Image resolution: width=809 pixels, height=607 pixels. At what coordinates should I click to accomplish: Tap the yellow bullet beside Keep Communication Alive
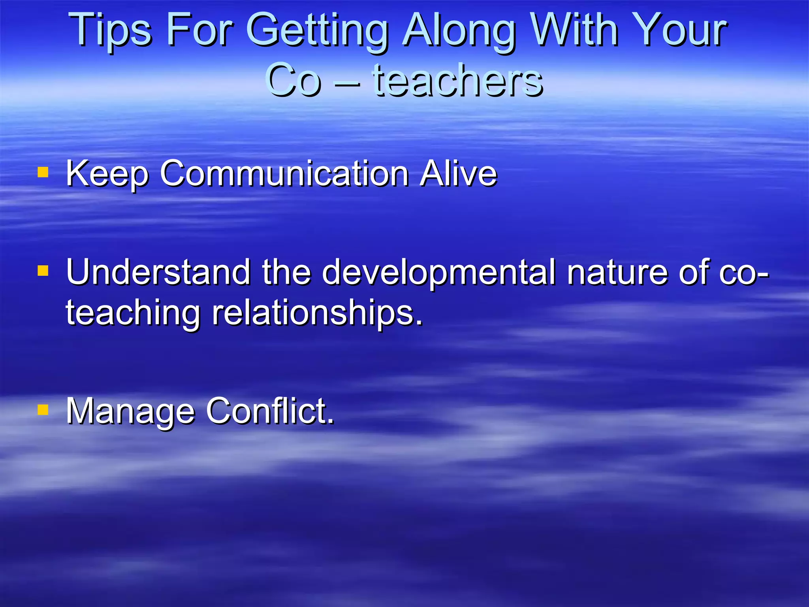tap(43, 172)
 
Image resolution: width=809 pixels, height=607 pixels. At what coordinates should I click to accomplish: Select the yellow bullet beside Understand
tap(43, 271)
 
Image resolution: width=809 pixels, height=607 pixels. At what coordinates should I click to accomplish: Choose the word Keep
tap(107, 174)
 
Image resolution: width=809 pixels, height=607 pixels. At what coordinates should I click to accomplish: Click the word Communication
tap(284, 173)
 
